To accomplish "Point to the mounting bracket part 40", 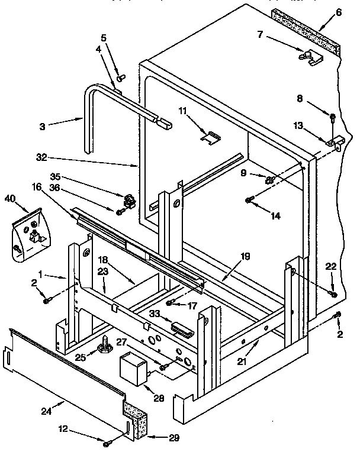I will [26, 234].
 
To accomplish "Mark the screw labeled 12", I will [107, 442].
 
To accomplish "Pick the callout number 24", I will [61, 406].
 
